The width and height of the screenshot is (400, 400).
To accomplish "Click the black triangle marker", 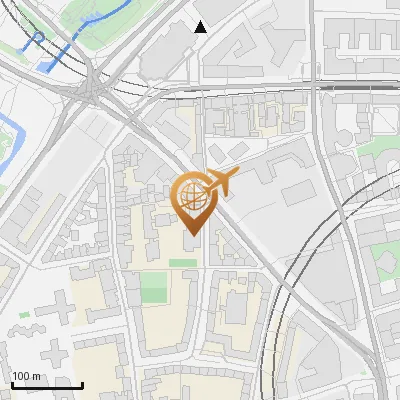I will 201,27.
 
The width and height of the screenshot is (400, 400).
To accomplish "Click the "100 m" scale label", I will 26,376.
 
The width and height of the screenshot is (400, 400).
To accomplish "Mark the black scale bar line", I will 46,385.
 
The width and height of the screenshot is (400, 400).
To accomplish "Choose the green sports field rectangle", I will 154,288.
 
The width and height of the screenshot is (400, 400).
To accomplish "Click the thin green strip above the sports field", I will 183,263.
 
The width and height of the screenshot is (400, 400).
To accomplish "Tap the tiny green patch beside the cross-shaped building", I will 24,315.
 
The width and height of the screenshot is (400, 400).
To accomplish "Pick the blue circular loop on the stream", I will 38,39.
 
